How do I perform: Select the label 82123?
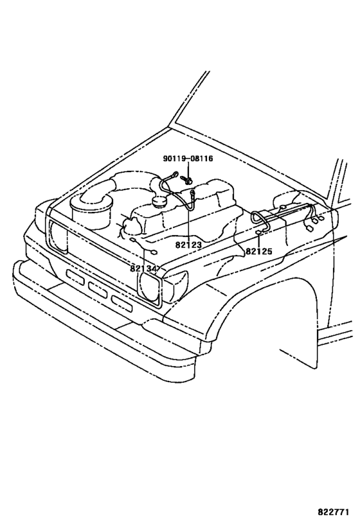click(188, 245)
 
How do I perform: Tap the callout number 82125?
click(258, 250)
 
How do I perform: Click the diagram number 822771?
click(332, 513)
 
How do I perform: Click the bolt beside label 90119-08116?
click(186, 179)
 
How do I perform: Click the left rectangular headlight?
click(59, 234)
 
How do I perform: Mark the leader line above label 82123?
click(188, 225)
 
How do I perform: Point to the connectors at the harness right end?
click(313, 222)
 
